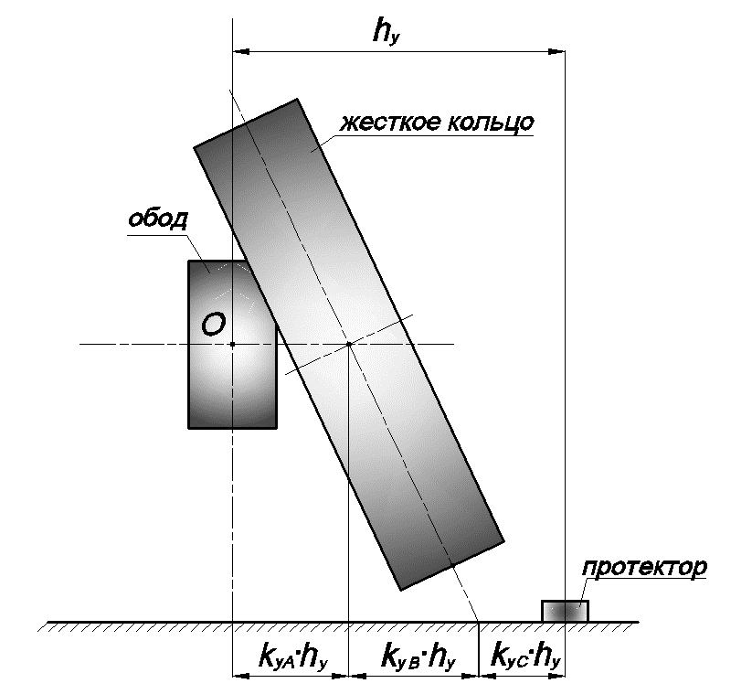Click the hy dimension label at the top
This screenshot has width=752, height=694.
coord(386,33)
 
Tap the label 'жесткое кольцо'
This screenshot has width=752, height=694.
coord(437,123)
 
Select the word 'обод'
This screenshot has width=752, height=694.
coord(157,219)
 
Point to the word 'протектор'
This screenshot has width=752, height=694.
coord(644,568)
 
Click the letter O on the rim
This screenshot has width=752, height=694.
coord(214,324)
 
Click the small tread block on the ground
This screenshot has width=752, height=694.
coord(565,611)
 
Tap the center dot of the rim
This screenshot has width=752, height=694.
coord(233,344)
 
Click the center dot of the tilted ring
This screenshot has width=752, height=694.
coord(349,344)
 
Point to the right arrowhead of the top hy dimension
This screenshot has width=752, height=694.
coord(556,50)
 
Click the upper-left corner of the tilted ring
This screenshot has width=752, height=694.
coord(194,147)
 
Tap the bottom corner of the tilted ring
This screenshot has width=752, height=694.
coord(401,591)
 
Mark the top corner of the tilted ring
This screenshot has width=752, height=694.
coord(297,99)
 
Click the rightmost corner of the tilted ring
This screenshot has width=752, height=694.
coord(504,542)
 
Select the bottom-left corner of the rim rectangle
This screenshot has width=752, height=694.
coord(188,428)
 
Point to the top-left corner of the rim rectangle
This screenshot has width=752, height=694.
coord(188,262)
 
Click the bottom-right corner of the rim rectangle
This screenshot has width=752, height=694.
coord(277,428)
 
